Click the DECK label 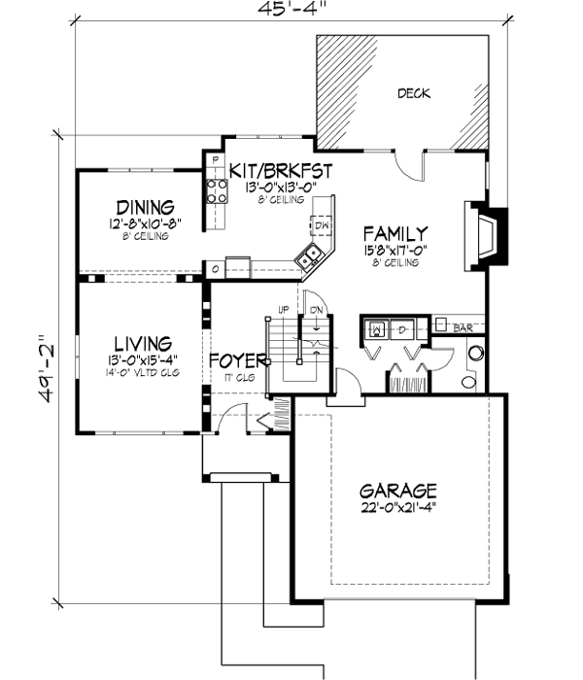coord(413,94)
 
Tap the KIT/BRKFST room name coord(281,171)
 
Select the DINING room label coord(145,207)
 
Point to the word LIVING coord(142,344)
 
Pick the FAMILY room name coord(394,234)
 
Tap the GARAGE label coord(396,492)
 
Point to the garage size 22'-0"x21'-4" coord(396,510)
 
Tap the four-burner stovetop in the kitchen coord(215,192)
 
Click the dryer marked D coord(403,328)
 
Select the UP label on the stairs coord(284,309)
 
